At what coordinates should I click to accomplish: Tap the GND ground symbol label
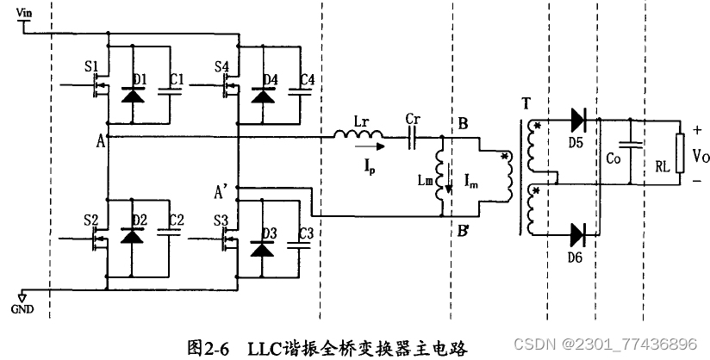click(x=23, y=307)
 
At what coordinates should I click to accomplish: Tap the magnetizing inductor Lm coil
click(x=441, y=177)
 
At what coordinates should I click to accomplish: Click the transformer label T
click(x=526, y=105)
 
